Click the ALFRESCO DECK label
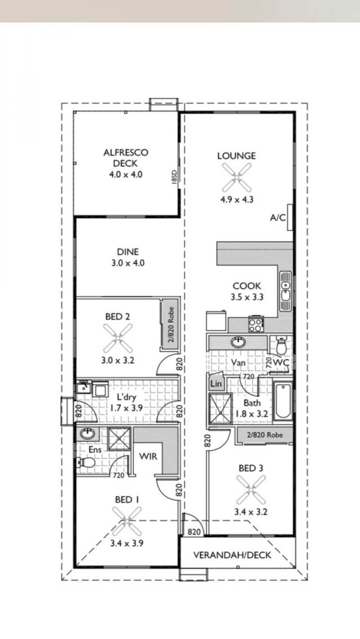pos(126,158)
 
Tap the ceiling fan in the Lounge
pos(237,177)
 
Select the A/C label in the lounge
pos(278,218)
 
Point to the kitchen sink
pos(285,291)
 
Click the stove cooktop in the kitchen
pos(256,324)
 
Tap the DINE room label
pos(128,252)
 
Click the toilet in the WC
pos(281,345)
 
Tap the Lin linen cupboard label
pos(216,384)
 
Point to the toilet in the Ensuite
pos(85,462)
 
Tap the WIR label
pos(148,456)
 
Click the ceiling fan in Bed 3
pos(251,490)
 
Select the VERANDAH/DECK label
pos(232,555)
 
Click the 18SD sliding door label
pos(175,177)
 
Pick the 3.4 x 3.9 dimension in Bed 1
pos(126,543)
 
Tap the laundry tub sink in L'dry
pos(84,387)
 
